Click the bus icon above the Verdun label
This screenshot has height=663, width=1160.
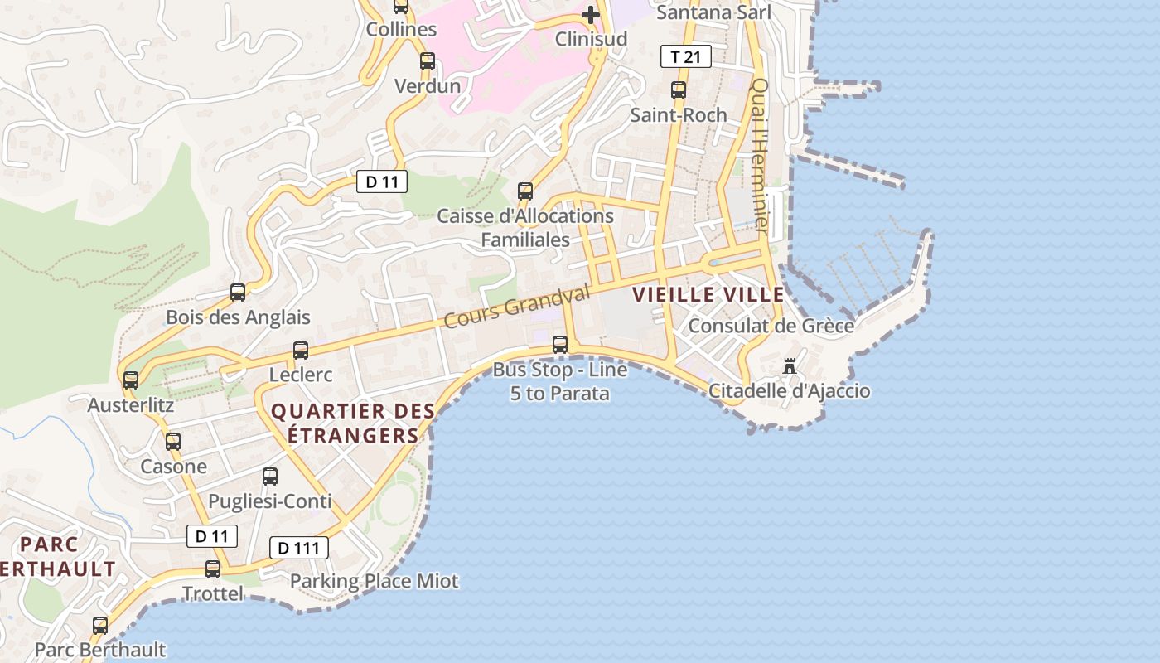tap(428, 60)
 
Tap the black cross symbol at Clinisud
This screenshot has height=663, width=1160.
tap(590, 14)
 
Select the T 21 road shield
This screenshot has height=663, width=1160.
tap(685, 56)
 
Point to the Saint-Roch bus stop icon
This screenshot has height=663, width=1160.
tap(679, 90)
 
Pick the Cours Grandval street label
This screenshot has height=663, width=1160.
tap(518, 305)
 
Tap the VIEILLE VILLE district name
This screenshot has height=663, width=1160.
tap(708, 294)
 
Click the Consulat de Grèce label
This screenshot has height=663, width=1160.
tap(771, 326)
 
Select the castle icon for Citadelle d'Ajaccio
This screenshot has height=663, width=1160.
tap(790, 365)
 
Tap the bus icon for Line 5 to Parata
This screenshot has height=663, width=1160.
tap(560, 344)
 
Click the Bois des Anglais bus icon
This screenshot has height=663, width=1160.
tap(238, 292)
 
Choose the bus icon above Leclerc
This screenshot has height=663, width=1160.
tap(301, 350)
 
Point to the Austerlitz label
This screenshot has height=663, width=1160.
tap(131, 405)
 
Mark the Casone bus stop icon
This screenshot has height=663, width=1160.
tap(172, 441)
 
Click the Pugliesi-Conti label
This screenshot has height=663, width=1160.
tap(269, 501)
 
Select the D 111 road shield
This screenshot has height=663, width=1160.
tap(299, 548)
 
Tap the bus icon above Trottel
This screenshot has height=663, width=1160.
tap(213, 569)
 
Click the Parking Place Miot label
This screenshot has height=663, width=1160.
tap(374, 581)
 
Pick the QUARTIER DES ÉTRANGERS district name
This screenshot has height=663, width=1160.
tap(353, 423)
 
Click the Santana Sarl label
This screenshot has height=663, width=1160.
tap(713, 12)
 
